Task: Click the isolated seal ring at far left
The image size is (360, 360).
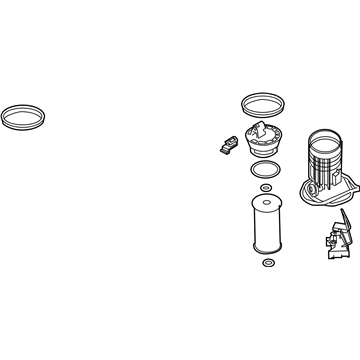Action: pyautogui.click(x=21, y=106)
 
